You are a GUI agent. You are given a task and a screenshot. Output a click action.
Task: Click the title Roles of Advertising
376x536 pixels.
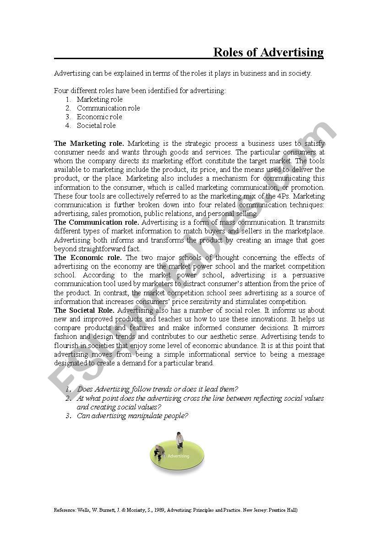coord(268,52)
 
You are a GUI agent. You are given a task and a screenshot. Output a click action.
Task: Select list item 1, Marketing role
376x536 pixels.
coord(99,99)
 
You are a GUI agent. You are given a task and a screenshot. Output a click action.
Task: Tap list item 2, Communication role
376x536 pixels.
coord(108,108)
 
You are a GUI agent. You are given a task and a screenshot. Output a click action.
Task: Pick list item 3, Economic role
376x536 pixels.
coord(99,117)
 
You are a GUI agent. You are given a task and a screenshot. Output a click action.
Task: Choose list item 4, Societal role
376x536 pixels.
coord(96,126)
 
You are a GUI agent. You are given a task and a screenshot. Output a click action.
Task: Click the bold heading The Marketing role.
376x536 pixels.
coord(89,144)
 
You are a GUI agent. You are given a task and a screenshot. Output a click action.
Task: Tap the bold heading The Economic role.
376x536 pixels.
coord(88,258)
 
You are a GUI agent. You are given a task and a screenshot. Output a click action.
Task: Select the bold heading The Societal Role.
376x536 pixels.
coord(84,310)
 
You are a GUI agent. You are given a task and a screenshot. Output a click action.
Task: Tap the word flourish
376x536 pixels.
coord(68,346)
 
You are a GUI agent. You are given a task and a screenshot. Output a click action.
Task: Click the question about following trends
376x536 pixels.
coord(158,389)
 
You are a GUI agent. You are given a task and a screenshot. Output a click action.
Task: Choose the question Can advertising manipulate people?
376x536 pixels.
coord(132,416)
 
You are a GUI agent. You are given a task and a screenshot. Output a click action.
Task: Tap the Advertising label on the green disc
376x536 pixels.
coord(178,456)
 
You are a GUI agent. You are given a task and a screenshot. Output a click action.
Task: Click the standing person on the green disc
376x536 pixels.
coord(180,440)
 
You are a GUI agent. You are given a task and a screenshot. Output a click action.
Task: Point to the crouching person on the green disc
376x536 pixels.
coord(159,453)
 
